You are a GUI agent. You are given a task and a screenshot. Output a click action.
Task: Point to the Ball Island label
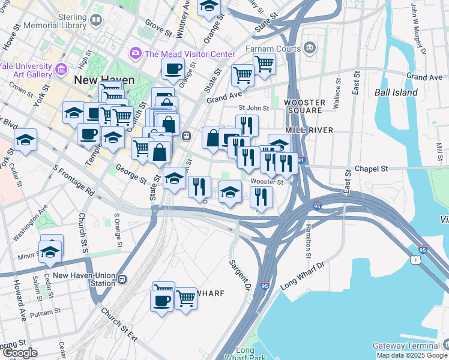[396, 92]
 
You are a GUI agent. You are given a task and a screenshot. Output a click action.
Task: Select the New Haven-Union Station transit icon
[122, 279]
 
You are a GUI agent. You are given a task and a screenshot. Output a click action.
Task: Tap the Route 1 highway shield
[415, 259]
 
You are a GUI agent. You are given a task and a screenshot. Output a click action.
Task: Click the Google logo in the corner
[20, 353]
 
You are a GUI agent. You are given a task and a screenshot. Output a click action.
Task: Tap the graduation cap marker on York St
[26, 140]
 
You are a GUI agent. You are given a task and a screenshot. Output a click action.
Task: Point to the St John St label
[251, 108]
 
